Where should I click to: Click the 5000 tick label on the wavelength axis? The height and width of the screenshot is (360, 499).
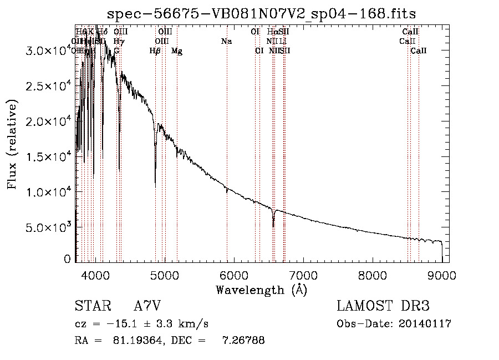point(165,275)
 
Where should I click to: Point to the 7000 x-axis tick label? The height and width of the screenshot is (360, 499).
point(303,275)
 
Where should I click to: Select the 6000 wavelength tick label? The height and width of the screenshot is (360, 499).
point(234,275)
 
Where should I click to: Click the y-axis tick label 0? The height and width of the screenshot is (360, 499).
point(68,259)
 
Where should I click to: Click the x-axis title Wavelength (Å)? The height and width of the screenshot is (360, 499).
point(261,290)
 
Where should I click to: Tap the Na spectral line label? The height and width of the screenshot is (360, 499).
point(226,41)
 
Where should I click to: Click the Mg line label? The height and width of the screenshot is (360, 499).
point(177,51)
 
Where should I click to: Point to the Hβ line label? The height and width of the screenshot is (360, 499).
point(155,51)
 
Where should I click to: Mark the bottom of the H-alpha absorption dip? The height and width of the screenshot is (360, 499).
point(273,226)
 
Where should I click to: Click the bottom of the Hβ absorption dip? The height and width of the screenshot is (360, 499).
point(155,184)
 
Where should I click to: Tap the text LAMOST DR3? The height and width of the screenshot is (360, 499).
point(383,306)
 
